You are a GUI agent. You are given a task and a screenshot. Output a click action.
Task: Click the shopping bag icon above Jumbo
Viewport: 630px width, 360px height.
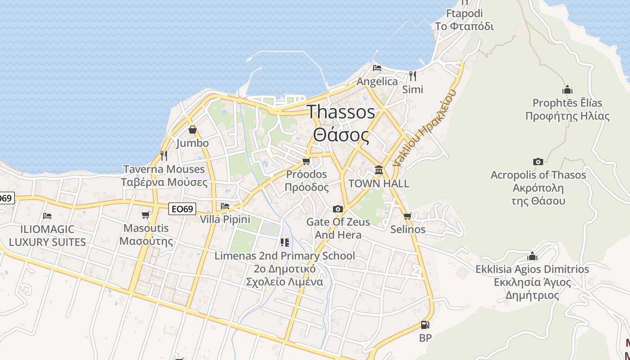tap(193, 130)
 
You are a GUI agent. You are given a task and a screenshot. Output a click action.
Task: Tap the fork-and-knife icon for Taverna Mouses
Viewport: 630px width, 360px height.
tap(164, 156)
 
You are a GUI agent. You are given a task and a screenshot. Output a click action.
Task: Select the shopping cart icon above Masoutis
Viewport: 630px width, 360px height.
tap(145, 215)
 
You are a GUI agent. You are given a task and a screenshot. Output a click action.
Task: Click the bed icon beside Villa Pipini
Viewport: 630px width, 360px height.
tap(225, 206)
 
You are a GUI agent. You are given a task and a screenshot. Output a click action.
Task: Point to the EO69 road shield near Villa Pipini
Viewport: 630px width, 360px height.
tap(182, 209)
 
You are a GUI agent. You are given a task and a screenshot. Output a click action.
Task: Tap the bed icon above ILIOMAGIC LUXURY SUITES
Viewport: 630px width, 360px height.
tap(47, 216)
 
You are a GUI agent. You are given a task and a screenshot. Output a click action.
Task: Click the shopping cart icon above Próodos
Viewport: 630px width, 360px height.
tap(306, 161)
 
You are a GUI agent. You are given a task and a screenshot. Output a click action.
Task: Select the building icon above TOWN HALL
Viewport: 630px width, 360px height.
tap(379, 170)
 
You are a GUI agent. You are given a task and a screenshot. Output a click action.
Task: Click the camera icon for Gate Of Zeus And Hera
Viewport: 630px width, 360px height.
tap(337, 209)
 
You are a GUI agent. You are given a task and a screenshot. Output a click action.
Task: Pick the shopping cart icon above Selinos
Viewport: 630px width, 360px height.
tap(408, 216)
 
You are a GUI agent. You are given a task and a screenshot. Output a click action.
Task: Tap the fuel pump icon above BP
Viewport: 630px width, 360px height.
tap(425, 325)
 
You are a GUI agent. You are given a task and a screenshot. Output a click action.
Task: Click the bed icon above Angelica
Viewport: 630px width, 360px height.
tap(377, 68)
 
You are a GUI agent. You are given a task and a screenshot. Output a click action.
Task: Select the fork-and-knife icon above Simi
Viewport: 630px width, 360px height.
tap(412, 75)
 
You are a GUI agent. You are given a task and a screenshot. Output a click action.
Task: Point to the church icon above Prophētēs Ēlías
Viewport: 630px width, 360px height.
tap(567, 90)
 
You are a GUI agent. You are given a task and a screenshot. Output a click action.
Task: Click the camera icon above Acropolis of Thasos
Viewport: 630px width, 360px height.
tap(538, 162)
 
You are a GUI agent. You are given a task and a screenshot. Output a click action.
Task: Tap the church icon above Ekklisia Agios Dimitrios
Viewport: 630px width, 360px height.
tap(532, 256)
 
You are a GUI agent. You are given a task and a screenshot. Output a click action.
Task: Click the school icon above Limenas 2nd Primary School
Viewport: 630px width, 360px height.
tap(284, 243)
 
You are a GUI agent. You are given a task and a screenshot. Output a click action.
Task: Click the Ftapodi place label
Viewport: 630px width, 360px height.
tap(464, 13)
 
